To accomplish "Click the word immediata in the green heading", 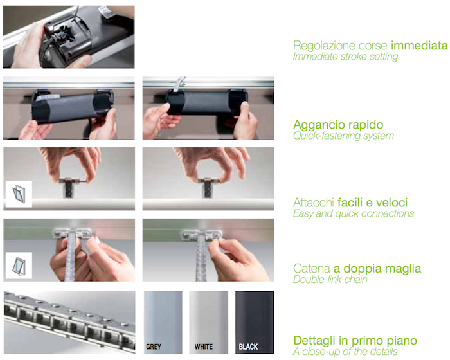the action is [x=419, y=46].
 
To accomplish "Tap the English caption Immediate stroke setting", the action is [x=345, y=57].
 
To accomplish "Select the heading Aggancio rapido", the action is [x=338, y=125].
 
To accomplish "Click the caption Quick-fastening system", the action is [x=343, y=136].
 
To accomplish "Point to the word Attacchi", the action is [x=313, y=203].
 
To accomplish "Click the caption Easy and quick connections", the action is [x=354, y=213].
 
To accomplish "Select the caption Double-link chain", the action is [x=330, y=280].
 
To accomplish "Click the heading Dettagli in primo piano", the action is [x=355, y=341].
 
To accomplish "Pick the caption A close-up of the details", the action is [x=345, y=352].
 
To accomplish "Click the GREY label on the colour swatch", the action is [x=154, y=346].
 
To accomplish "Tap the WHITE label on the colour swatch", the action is [x=204, y=346].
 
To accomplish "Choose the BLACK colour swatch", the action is [x=255, y=322].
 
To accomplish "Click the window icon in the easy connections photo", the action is [x=19, y=194].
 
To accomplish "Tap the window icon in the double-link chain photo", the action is [x=19, y=265].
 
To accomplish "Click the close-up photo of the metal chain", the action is [x=69, y=322].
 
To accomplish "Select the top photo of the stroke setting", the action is [x=69, y=37].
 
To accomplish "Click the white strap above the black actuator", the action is [x=179, y=84].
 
